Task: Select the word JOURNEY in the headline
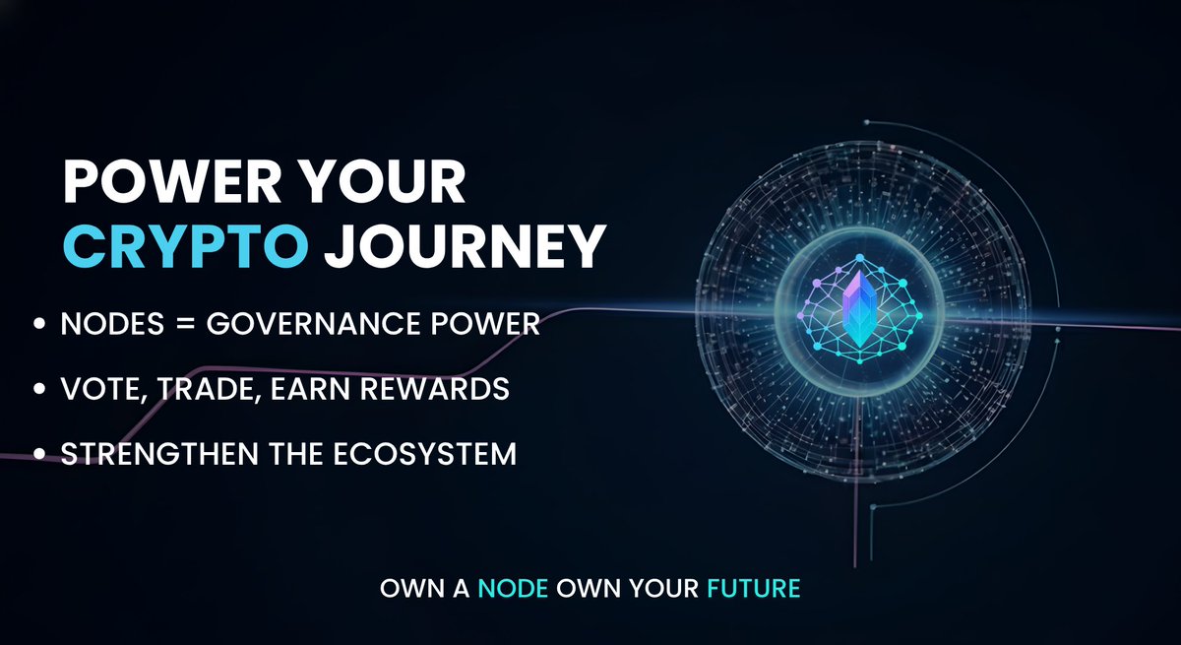(x=462, y=246)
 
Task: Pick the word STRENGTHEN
(x=159, y=456)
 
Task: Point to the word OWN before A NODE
(x=406, y=591)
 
